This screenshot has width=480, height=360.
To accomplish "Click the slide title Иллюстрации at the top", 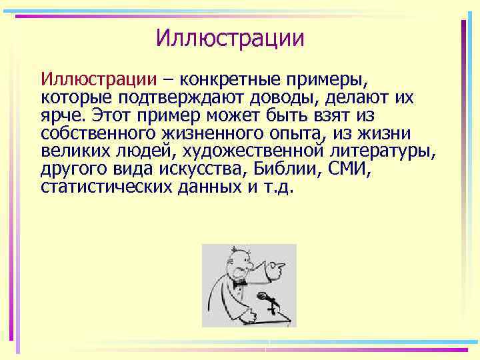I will point(230,37).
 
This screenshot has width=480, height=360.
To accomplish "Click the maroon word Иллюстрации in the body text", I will point(98,80).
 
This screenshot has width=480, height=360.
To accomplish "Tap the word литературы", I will point(384,151).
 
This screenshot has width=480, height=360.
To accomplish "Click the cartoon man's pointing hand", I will point(277,267).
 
